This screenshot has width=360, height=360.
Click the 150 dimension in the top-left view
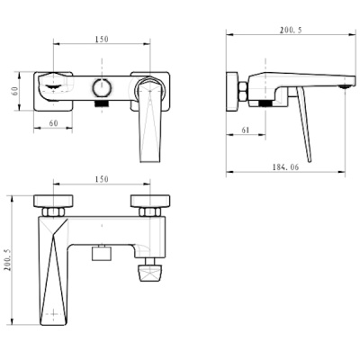click(103, 40)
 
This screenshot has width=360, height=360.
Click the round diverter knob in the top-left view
click(102, 89)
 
